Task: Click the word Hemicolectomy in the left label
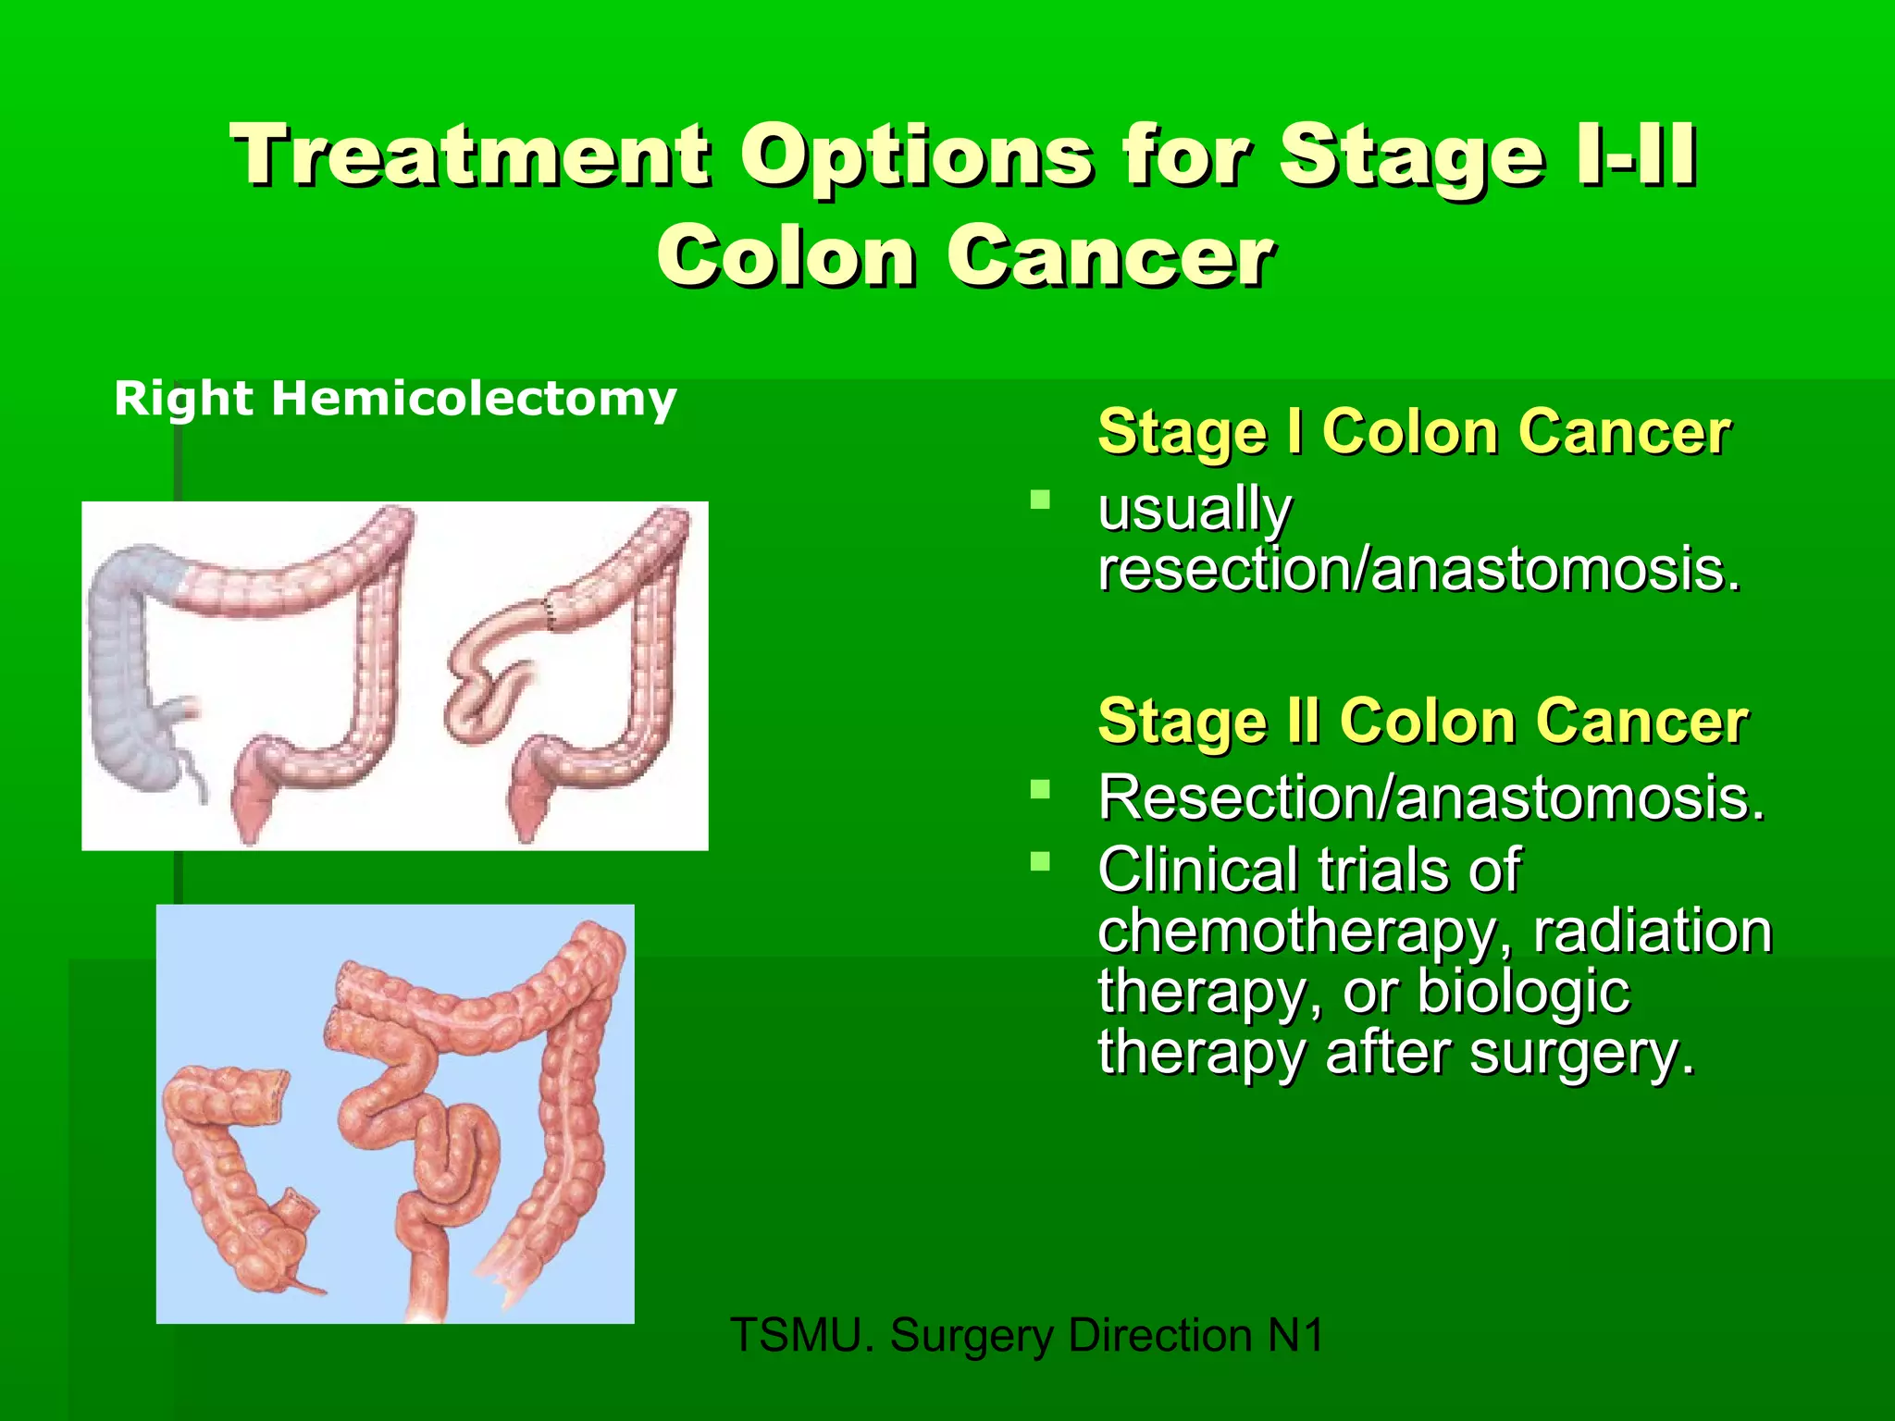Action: pos(474,400)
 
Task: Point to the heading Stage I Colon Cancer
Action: pos(1413,432)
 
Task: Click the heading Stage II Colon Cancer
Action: pos(1422,721)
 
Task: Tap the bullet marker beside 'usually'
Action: pos(1041,501)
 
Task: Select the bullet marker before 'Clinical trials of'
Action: pos(1041,862)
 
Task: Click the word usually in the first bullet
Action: pos(1194,511)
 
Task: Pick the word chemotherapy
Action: pos(1306,932)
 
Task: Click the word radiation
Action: pos(1653,932)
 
